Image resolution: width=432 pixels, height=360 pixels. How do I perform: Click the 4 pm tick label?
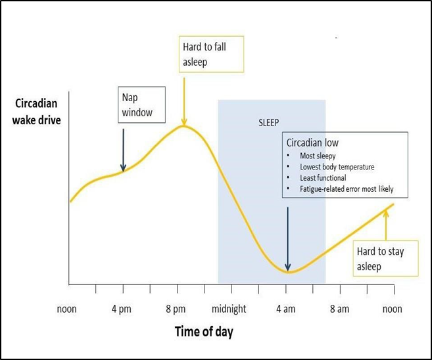pos(122,309)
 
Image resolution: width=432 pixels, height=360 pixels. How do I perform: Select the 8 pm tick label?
pos(176,309)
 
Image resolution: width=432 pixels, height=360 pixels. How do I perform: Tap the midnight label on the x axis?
pos(229,309)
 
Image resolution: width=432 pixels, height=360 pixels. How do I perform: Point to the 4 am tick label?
pos(285,309)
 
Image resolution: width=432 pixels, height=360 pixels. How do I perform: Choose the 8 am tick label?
pos(339,309)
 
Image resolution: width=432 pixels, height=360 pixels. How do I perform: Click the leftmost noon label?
pos(66,309)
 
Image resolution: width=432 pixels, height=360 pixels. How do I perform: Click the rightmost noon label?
pos(392,309)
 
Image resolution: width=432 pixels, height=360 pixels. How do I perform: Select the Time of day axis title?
pos(204,331)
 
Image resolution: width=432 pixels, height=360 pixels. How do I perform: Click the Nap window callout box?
pos(137,104)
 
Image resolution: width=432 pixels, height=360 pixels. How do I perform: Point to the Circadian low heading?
pos(312,143)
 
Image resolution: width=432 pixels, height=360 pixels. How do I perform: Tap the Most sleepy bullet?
pos(318,156)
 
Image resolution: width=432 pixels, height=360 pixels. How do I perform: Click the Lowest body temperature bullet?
pos(337,167)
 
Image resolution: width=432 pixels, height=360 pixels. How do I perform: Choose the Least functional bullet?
pos(322,178)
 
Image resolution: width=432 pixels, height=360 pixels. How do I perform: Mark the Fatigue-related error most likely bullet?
pos(345,189)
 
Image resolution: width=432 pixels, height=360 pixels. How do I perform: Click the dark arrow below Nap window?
pos(123,150)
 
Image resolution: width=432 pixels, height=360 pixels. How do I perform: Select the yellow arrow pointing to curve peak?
pos(183,99)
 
